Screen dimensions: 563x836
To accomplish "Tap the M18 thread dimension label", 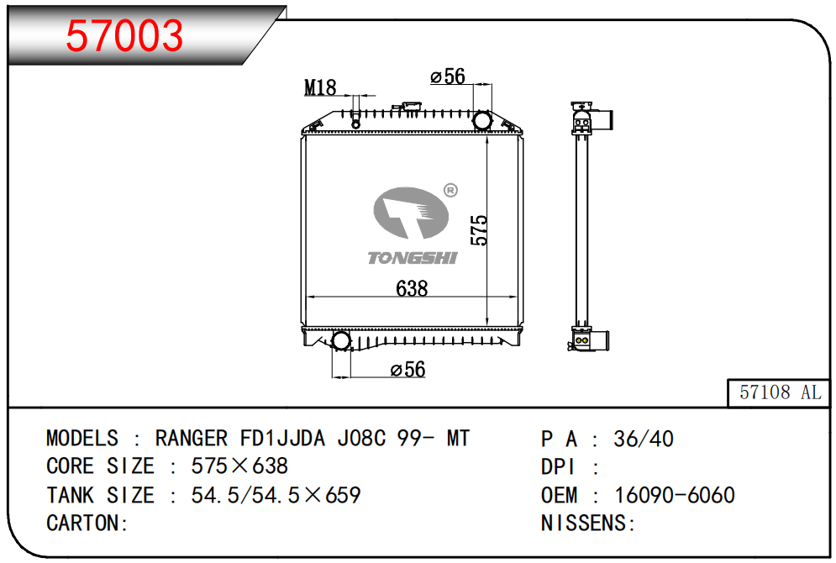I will click(320, 87).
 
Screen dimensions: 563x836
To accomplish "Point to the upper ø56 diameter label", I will click(448, 77).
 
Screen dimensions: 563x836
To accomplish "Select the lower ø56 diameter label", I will click(408, 370).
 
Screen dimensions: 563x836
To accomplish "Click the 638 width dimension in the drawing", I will click(412, 288).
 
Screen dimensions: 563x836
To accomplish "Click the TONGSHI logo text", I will click(412, 257).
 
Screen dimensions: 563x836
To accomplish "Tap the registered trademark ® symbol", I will click(450, 191).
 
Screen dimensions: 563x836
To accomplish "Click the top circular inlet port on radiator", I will click(482, 120).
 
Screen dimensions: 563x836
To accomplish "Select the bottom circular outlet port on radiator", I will click(341, 341).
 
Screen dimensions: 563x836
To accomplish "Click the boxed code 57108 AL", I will click(780, 392).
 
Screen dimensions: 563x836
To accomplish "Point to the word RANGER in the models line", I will click(191, 439).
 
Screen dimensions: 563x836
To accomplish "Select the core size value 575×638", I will click(239, 466).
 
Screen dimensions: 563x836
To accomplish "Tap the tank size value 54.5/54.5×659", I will click(276, 495).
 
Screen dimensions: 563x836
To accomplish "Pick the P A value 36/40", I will click(644, 439).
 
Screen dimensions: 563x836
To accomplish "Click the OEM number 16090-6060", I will click(675, 495).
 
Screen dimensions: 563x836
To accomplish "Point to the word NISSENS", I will click(585, 523).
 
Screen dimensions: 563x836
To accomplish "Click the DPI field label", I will click(558, 466).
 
